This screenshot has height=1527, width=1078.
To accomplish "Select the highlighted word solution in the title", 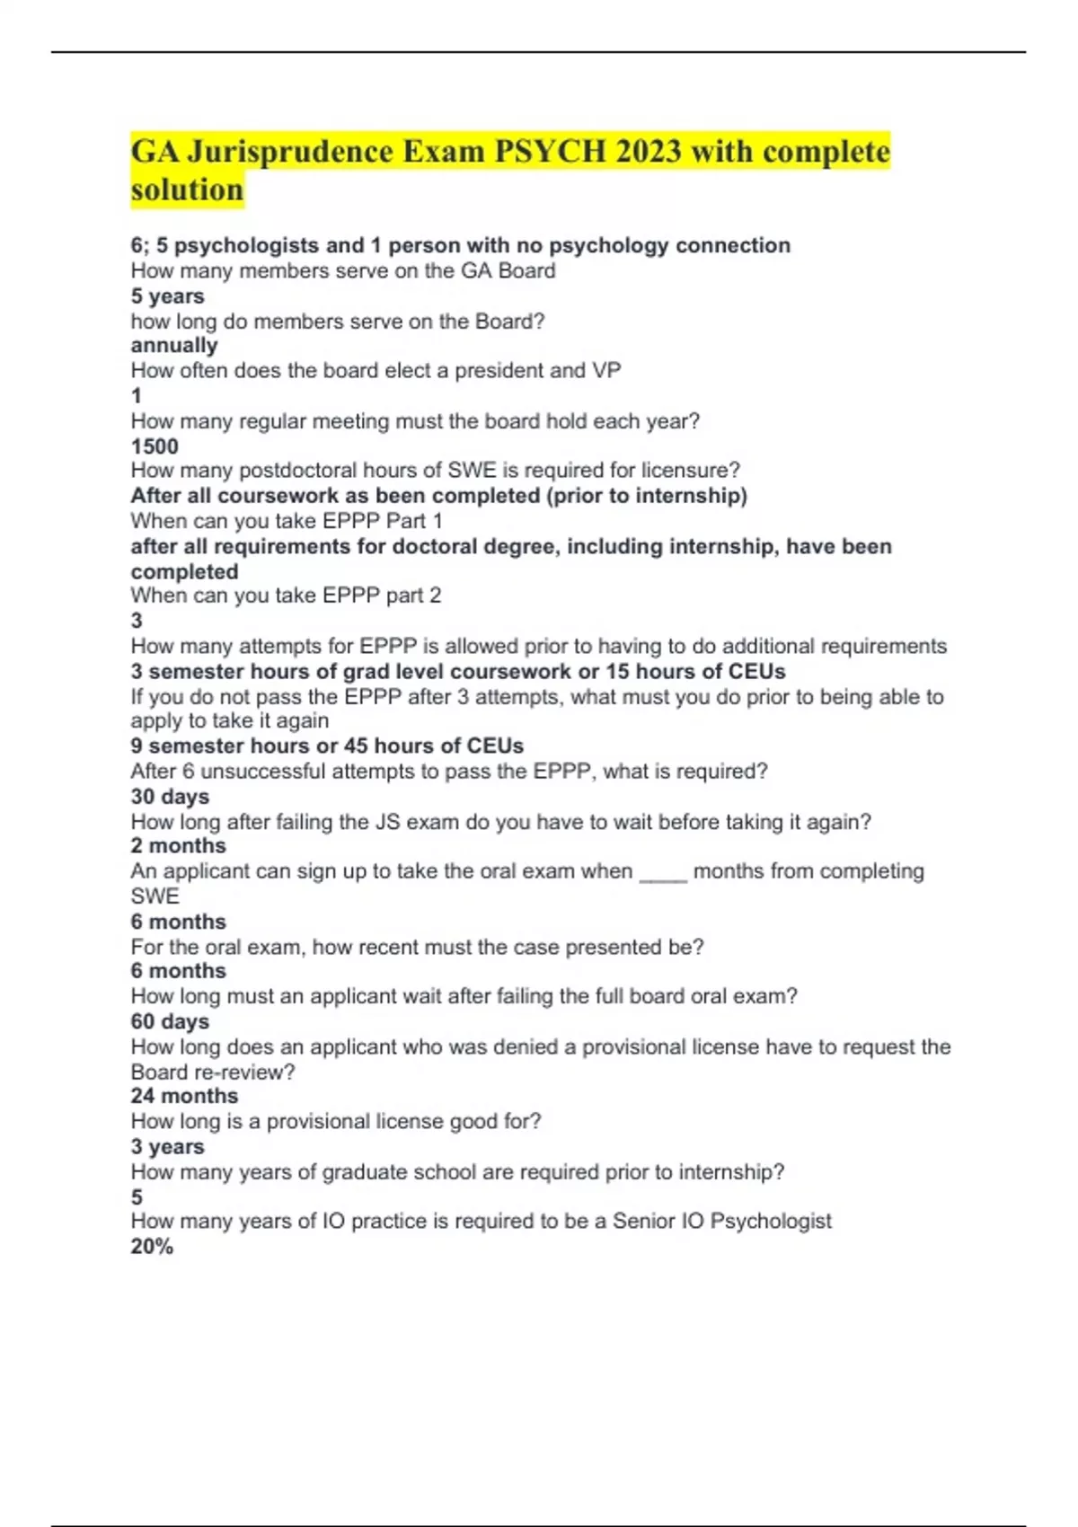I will pyautogui.click(x=187, y=190).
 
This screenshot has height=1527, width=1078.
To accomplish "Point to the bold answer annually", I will pyautogui.click(x=174, y=346).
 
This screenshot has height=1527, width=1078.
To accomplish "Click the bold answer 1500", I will pyautogui.click(x=155, y=446).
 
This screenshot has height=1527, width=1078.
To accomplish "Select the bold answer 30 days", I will pyautogui.click(x=170, y=797).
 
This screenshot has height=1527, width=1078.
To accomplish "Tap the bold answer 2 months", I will pyautogui.click(x=178, y=846).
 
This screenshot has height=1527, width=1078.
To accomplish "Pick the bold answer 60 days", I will pyautogui.click(x=170, y=1021).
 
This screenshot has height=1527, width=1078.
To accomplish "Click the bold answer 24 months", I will pyautogui.click(x=184, y=1096).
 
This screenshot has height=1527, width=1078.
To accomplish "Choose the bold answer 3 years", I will pyautogui.click(x=167, y=1147).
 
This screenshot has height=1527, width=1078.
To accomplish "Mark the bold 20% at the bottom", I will pyautogui.click(x=152, y=1247).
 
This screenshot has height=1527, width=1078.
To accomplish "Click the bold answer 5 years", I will pyautogui.click(x=167, y=296).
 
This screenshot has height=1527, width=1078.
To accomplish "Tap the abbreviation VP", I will pyautogui.click(x=606, y=371).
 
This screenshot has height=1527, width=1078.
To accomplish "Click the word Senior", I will pyautogui.click(x=644, y=1222).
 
